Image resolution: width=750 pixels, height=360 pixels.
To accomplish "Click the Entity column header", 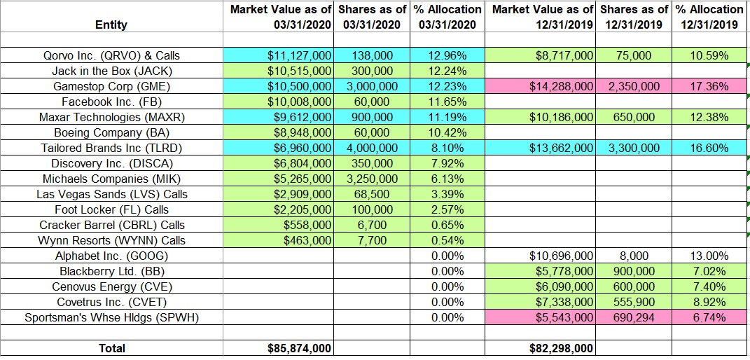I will pyautogui.click(x=111, y=25).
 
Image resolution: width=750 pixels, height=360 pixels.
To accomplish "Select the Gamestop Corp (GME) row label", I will pyautogui.click(x=111, y=86).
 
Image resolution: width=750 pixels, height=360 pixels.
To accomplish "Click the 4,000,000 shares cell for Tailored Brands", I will pyautogui.click(x=373, y=148).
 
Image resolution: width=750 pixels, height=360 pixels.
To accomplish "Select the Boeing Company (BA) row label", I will pyautogui.click(x=111, y=132).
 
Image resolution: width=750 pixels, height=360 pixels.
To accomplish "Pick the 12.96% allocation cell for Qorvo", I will pyautogui.click(x=447, y=55).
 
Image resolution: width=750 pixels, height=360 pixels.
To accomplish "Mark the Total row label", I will pyautogui.click(x=111, y=348).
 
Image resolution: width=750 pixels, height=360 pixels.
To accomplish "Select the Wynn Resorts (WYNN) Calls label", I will pyautogui.click(x=111, y=240).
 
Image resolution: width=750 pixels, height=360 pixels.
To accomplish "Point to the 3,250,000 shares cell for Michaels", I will pyautogui.click(x=373, y=179).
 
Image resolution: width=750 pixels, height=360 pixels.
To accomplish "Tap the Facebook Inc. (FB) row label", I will pyautogui.click(x=111, y=102).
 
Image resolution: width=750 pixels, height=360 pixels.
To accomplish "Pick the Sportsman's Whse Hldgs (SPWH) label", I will pyautogui.click(x=111, y=317).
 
